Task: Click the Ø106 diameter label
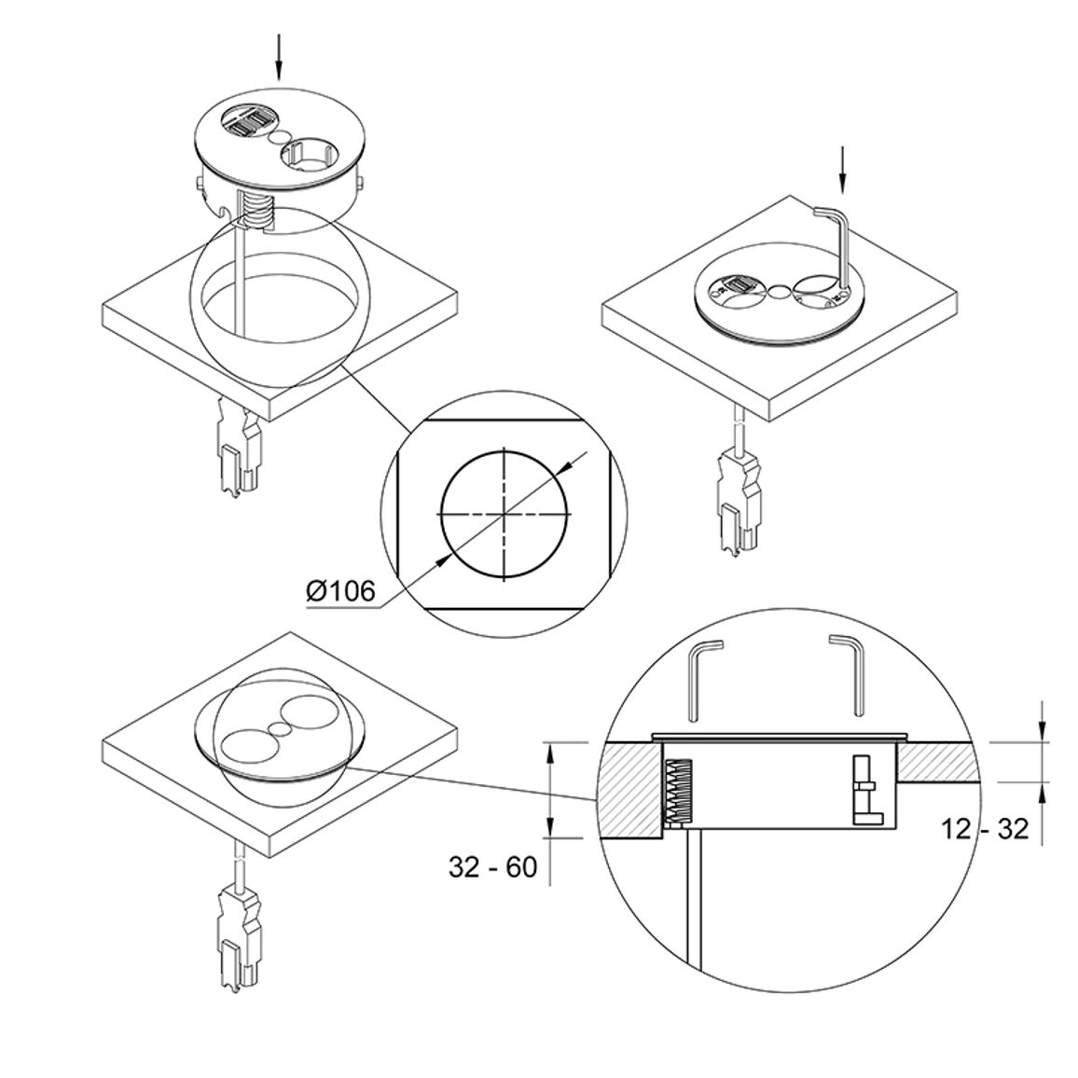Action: pyautogui.click(x=341, y=591)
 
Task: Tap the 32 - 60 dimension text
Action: pyautogui.click(x=493, y=867)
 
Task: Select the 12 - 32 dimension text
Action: pyautogui.click(x=985, y=829)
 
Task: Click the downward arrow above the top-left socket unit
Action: pyautogui.click(x=279, y=58)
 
